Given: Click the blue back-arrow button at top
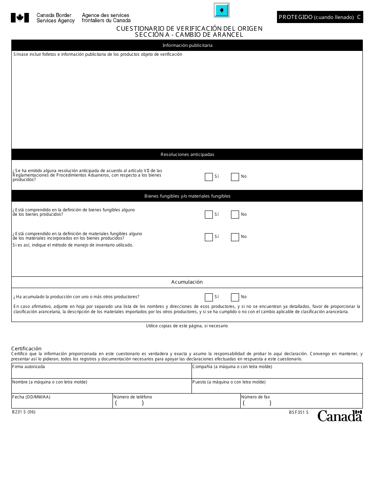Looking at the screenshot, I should pos(221,10).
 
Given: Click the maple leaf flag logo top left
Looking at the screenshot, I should pos(20,18).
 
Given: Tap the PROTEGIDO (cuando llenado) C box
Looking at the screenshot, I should pos(320,17).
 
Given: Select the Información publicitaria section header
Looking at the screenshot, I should pos(187,45).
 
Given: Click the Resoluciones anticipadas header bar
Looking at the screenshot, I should pos(187,154).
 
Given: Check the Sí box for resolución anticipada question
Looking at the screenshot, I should pos(208,177).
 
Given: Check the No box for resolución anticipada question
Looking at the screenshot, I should pos(235,177).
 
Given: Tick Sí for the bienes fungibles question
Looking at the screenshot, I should pos(208,215).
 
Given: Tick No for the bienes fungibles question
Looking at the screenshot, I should pos(235,215).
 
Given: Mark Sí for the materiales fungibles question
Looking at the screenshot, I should pos(208,237).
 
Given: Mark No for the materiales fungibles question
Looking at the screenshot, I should pos(235,237).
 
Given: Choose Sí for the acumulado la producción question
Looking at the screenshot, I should pos(208,297).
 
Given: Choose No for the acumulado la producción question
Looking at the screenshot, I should pos(235,297).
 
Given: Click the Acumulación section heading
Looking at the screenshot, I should pos(187,282).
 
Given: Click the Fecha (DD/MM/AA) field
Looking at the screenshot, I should pos(62,402).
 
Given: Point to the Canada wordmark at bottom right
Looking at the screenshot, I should pos(339,416).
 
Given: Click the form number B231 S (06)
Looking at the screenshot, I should pos(24,412).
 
